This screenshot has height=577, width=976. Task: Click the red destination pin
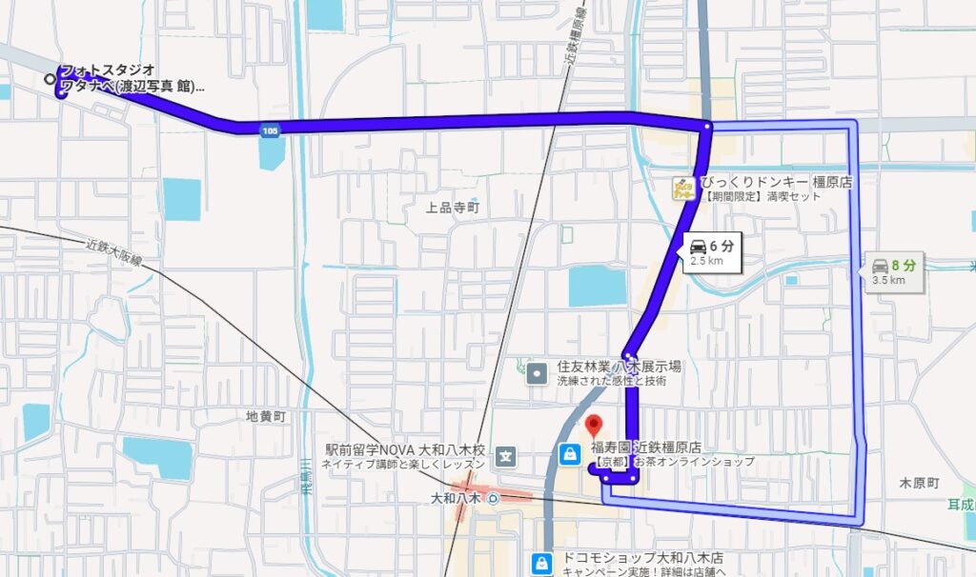click(594, 425)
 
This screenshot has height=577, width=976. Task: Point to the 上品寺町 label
click(454, 207)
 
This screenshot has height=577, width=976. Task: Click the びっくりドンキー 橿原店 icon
click(682, 188)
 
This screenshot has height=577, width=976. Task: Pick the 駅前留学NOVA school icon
click(505, 457)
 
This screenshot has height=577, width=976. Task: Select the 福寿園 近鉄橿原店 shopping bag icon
click(570, 453)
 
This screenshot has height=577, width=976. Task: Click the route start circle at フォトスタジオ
click(50, 80)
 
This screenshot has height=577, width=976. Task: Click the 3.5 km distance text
click(887, 281)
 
